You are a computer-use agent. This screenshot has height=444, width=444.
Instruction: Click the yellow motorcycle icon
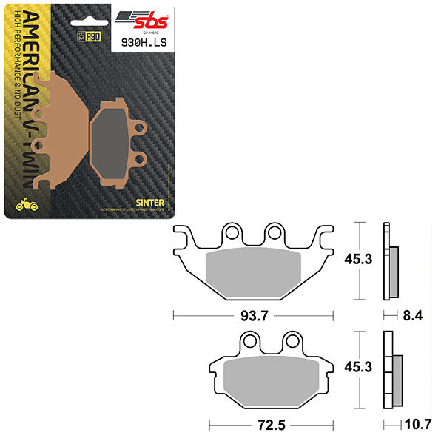click(x=21, y=204)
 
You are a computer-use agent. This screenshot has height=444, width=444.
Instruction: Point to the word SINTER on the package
click(x=145, y=201)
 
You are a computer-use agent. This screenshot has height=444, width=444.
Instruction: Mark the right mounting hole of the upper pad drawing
click(x=275, y=235)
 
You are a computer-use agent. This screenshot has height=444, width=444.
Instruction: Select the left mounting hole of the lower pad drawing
click(x=251, y=342)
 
